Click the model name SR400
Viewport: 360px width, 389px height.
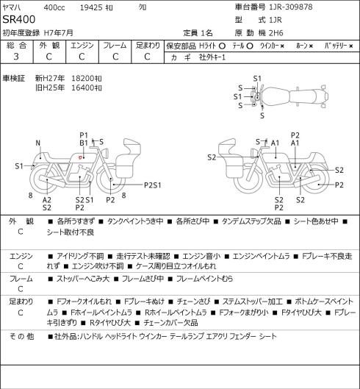(x=19, y=19)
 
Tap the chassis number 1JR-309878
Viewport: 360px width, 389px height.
(x=291, y=7)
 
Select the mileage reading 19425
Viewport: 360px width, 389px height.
(x=91, y=7)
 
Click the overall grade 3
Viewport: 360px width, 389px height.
(x=16, y=57)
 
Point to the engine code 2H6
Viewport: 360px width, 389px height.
(x=276, y=33)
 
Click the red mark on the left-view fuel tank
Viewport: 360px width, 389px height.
(x=80, y=157)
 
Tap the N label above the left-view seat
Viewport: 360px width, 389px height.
(x=37, y=143)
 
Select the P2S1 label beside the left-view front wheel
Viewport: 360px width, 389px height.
(x=153, y=185)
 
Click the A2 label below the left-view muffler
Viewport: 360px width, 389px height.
(x=46, y=200)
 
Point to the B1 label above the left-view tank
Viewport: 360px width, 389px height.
(x=84, y=143)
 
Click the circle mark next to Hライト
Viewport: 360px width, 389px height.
(x=222, y=46)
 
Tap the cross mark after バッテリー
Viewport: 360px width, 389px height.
(x=351, y=46)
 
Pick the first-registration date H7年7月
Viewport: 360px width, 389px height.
(x=59, y=33)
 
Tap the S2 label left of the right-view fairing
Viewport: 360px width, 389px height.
(x=212, y=157)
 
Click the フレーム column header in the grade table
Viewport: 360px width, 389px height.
(x=115, y=46)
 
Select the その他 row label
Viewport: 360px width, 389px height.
(x=21, y=336)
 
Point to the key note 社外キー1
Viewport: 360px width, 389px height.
(x=212, y=57)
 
